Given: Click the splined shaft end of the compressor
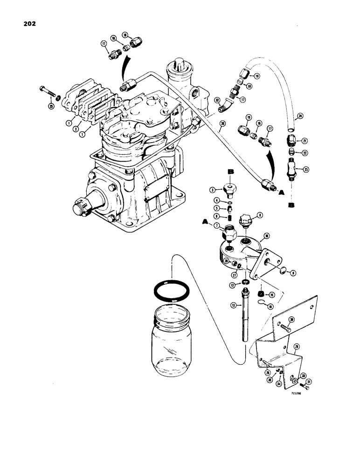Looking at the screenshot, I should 80,206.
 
